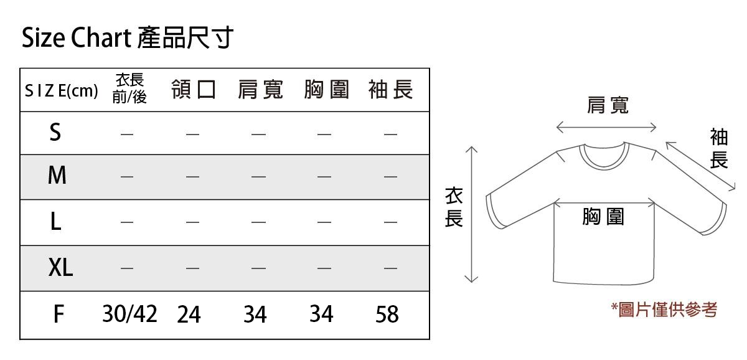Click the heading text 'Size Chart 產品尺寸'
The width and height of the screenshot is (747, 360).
(128, 37)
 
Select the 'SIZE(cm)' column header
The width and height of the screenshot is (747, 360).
(62, 91)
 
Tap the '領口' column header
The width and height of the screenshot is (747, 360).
(194, 90)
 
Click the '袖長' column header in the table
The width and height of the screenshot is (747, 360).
(391, 90)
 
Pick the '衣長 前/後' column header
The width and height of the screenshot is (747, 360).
(129, 88)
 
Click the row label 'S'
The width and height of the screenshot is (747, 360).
(55, 132)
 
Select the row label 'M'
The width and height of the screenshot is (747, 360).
(57, 175)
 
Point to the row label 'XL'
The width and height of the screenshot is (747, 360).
(60, 267)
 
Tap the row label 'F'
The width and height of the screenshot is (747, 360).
(59, 314)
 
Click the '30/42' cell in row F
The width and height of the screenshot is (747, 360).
(129, 314)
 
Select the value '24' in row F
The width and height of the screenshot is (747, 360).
(189, 315)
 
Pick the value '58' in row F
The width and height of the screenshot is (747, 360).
(387, 315)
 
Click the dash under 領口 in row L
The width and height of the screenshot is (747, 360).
(192, 222)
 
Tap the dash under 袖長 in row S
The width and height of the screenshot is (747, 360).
(390, 135)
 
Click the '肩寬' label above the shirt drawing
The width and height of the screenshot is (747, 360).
(608, 105)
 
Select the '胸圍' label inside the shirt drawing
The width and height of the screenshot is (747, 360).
(603, 217)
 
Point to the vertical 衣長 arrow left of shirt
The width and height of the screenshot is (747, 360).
(471, 214)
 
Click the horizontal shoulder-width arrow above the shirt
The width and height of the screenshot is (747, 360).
(606, 127)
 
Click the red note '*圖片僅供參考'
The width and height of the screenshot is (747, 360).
(664, 310)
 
